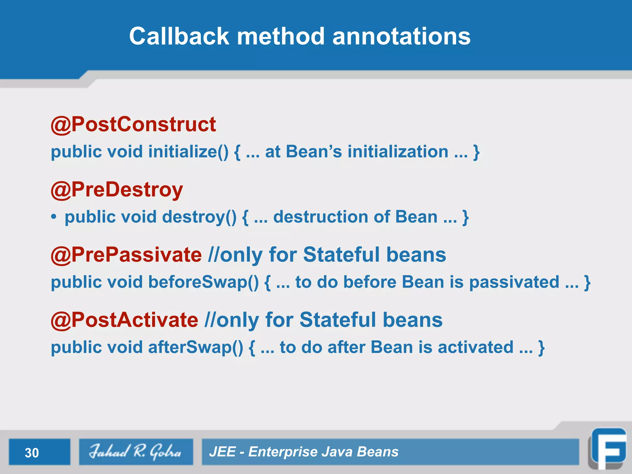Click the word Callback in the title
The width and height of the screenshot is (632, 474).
[179, 36]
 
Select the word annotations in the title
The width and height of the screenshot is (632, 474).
[401, 36]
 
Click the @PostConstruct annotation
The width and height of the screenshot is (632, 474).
[133, 124]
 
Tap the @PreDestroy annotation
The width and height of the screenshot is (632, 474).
[117, 189]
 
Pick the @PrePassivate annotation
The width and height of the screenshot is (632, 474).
[127, 255]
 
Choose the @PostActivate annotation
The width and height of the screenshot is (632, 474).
[125, 320]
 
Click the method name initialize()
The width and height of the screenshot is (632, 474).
[188, 152]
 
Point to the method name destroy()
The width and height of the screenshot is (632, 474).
[199, 217]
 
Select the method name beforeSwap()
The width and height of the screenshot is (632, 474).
[203, 282]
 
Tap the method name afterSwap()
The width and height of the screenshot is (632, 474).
[196, 347]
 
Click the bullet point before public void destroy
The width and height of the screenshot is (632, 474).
[54, 217]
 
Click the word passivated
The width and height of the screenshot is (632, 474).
[514, 282]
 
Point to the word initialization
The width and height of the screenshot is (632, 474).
[398, 152]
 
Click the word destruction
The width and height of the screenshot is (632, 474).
[321, 217]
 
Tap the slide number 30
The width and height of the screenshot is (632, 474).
[32, 453]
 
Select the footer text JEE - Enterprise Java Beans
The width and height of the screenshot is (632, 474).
[304, 452]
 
